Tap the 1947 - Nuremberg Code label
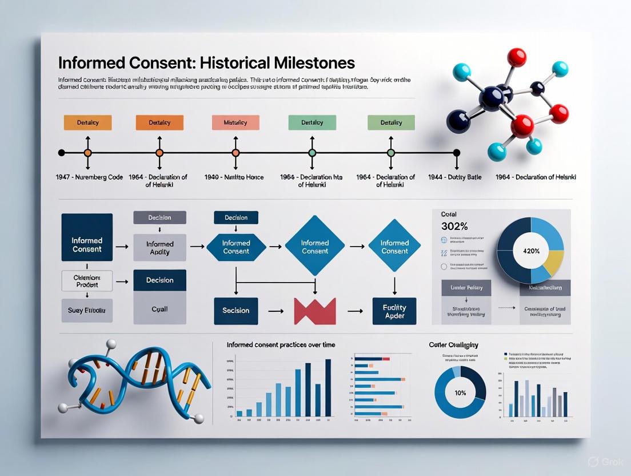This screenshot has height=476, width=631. coord(90,177)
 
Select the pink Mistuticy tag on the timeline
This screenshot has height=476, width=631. coord(235,122)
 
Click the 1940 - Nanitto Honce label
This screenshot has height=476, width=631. coord(234,177)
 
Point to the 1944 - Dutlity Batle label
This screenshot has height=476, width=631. coord(454,177)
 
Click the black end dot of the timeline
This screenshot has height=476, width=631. coord(456,153)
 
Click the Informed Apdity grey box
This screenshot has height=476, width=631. coord(159,248)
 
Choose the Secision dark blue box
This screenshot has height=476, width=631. coord(235,311)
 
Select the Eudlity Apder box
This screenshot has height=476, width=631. coord(394,311)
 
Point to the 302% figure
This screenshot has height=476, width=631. coord(455,225)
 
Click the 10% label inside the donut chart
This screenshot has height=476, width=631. coord(460,392)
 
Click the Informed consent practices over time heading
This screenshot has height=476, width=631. coord(281,345)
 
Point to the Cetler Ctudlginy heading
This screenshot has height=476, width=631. coord(453,345)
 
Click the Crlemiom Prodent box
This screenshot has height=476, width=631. coord(87,281)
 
